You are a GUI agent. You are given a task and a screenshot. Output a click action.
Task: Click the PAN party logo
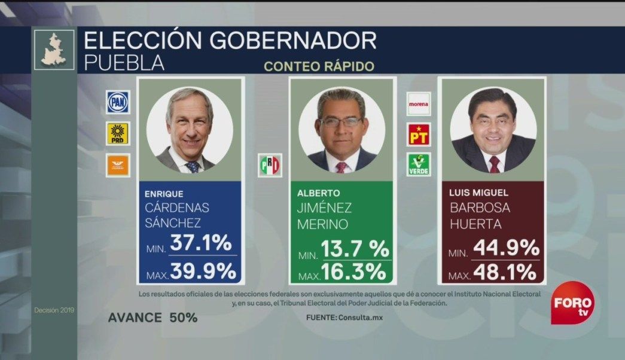(118, 102)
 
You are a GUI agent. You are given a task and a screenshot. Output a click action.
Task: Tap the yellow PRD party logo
(118, 133)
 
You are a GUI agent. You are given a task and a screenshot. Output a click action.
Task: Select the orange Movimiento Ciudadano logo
(118, 164)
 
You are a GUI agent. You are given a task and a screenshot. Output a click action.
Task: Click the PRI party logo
(269, 165)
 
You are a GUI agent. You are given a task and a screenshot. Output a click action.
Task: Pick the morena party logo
(419, 103)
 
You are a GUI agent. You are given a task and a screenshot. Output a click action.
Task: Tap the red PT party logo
(419, 134)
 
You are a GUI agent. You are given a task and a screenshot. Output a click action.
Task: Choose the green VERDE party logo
(419, 164)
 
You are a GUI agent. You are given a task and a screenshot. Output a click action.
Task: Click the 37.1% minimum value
(200, 243)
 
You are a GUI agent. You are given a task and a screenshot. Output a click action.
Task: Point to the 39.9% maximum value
(203, 271)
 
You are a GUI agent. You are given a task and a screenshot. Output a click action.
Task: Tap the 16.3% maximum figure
(352, 272)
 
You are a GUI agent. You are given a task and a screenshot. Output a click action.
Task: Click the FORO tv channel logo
(572, 303)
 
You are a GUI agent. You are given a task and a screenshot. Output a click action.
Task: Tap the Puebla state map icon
(54, 50)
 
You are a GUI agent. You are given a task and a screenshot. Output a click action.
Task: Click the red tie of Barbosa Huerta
(494, 164)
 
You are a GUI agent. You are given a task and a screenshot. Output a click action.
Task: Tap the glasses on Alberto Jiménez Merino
(340, 121)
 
